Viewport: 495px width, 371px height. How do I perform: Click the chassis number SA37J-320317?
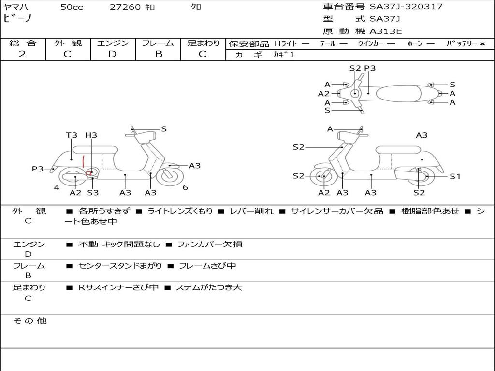click(x=406, y=7)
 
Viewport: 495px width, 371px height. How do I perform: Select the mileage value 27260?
click(x=125, y=7)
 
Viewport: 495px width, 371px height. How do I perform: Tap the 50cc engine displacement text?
click(x=72, y=7)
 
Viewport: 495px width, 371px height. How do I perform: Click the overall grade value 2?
click(x=22, y=54)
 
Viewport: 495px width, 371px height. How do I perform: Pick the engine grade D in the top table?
click(x=112, y=54)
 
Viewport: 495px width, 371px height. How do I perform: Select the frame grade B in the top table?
click(x=158, y=54)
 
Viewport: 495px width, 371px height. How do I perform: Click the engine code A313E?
click(x=386, y=32)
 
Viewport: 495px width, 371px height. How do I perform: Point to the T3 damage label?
click(x=72, y=135)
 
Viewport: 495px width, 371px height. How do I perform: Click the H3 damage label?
click(x=91, y=135)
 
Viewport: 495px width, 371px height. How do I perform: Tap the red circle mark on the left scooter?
click(x=89, y=172)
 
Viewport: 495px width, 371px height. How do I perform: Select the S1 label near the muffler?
click(x=455, y=176)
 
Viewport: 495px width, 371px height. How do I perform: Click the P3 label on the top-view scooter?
click(x=370, y=68)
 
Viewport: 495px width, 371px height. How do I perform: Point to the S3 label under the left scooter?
click(x=93, y=193)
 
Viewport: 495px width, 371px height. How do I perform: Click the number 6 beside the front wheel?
click(x=185, y=187)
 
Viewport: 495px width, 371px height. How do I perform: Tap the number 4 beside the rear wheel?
click(x=57, y=187)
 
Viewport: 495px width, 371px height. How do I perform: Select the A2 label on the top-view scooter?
click(x=323, y=94)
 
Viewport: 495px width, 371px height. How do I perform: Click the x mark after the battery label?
click(x=482, y=44)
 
